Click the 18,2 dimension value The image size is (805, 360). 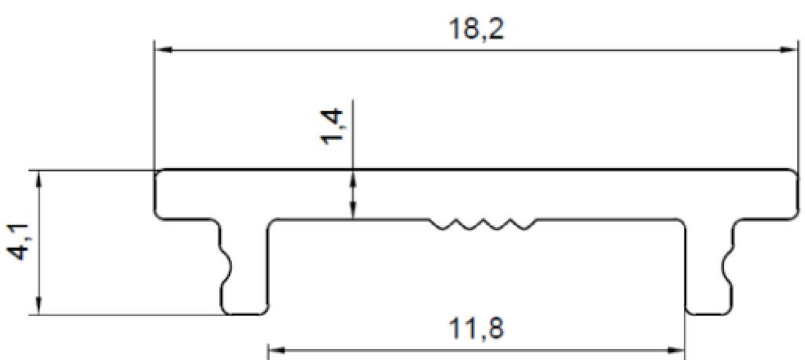click(x=476, y=29)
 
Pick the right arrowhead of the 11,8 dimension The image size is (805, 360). click(x=675, y=351)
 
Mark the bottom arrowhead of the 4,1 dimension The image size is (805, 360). click(x=39, y=307)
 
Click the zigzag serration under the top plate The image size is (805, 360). click(x=483, y=225)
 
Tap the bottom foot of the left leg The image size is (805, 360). click(x=244, y=310)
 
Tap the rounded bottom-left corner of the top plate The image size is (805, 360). click(x=159, y=215)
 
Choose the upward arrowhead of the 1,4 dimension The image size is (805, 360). click(x=353, y=178)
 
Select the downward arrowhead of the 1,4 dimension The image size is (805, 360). click(x=353, y=211)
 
